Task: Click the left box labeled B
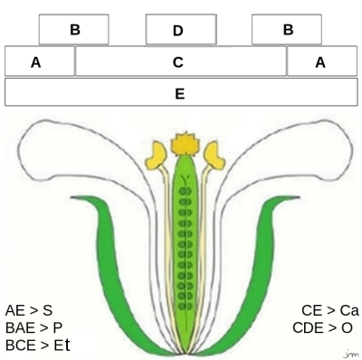[x=73, y=30]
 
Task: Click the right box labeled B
[x=287, y=30]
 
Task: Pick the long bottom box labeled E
[x=180, y=93]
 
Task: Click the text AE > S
[x=28, y=310]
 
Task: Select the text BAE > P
[x=33, y=327]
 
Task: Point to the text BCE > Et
[x=37, y=345]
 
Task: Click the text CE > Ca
[x=329, y=310]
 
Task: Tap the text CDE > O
[x=323, y=327]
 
